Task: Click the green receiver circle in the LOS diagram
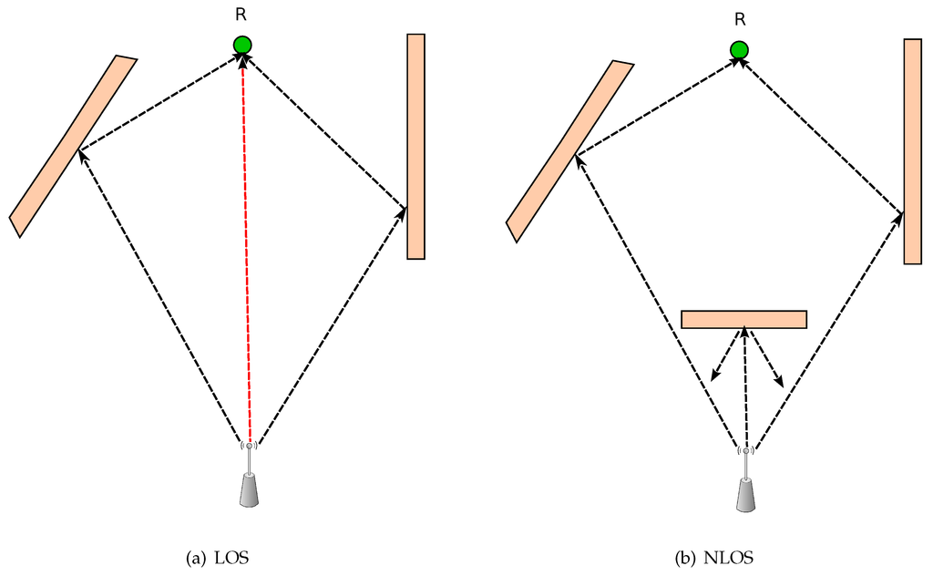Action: coord(241,45)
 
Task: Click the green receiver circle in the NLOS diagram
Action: coord(739,50)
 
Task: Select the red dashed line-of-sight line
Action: coord(246,246)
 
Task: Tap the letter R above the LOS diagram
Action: coord(241,15)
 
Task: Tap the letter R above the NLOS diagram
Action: coord(739,20)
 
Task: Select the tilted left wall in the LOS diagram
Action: coord(73,146)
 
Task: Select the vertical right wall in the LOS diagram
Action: coord(416,146)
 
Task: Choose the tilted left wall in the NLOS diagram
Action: coord(570,151)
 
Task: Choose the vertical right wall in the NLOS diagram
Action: coord(913,151)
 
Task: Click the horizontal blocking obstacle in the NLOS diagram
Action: coord(743,319)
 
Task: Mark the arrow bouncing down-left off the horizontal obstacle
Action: coord(726,355)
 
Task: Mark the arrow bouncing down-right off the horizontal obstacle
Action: coord(766,357)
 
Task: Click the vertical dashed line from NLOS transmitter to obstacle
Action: coord(745,387)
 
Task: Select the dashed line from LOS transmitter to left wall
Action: coord(164,296)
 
